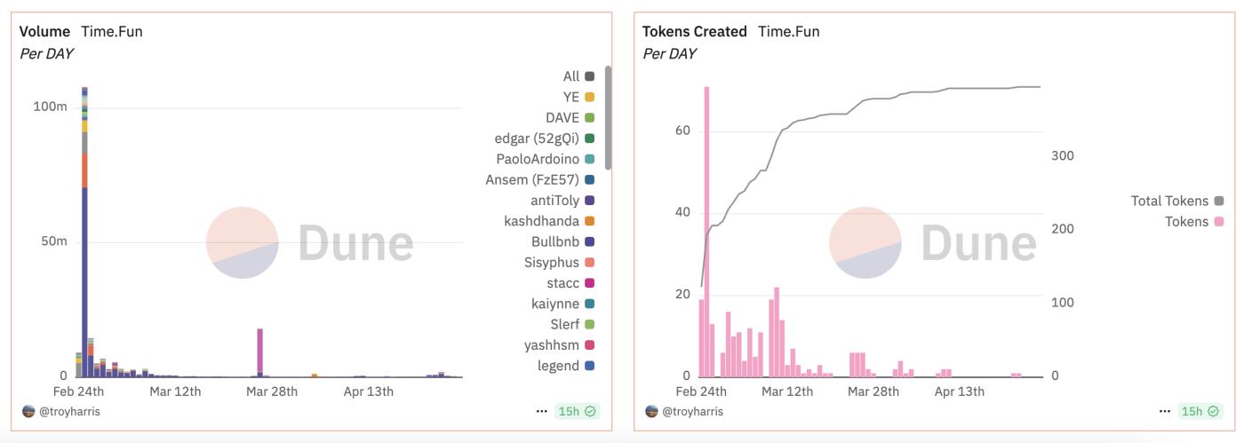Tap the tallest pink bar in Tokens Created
click(706, 231)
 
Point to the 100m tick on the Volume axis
click(50, 107)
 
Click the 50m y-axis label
click(52, 241)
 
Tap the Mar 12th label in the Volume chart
click(175, 392)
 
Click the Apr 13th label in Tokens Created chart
click(959, 392)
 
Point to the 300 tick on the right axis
click(1062, 155)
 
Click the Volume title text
click(44, 31)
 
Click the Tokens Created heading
click(694, 31)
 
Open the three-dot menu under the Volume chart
click(541, 411)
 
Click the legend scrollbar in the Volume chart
click(608, 115)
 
